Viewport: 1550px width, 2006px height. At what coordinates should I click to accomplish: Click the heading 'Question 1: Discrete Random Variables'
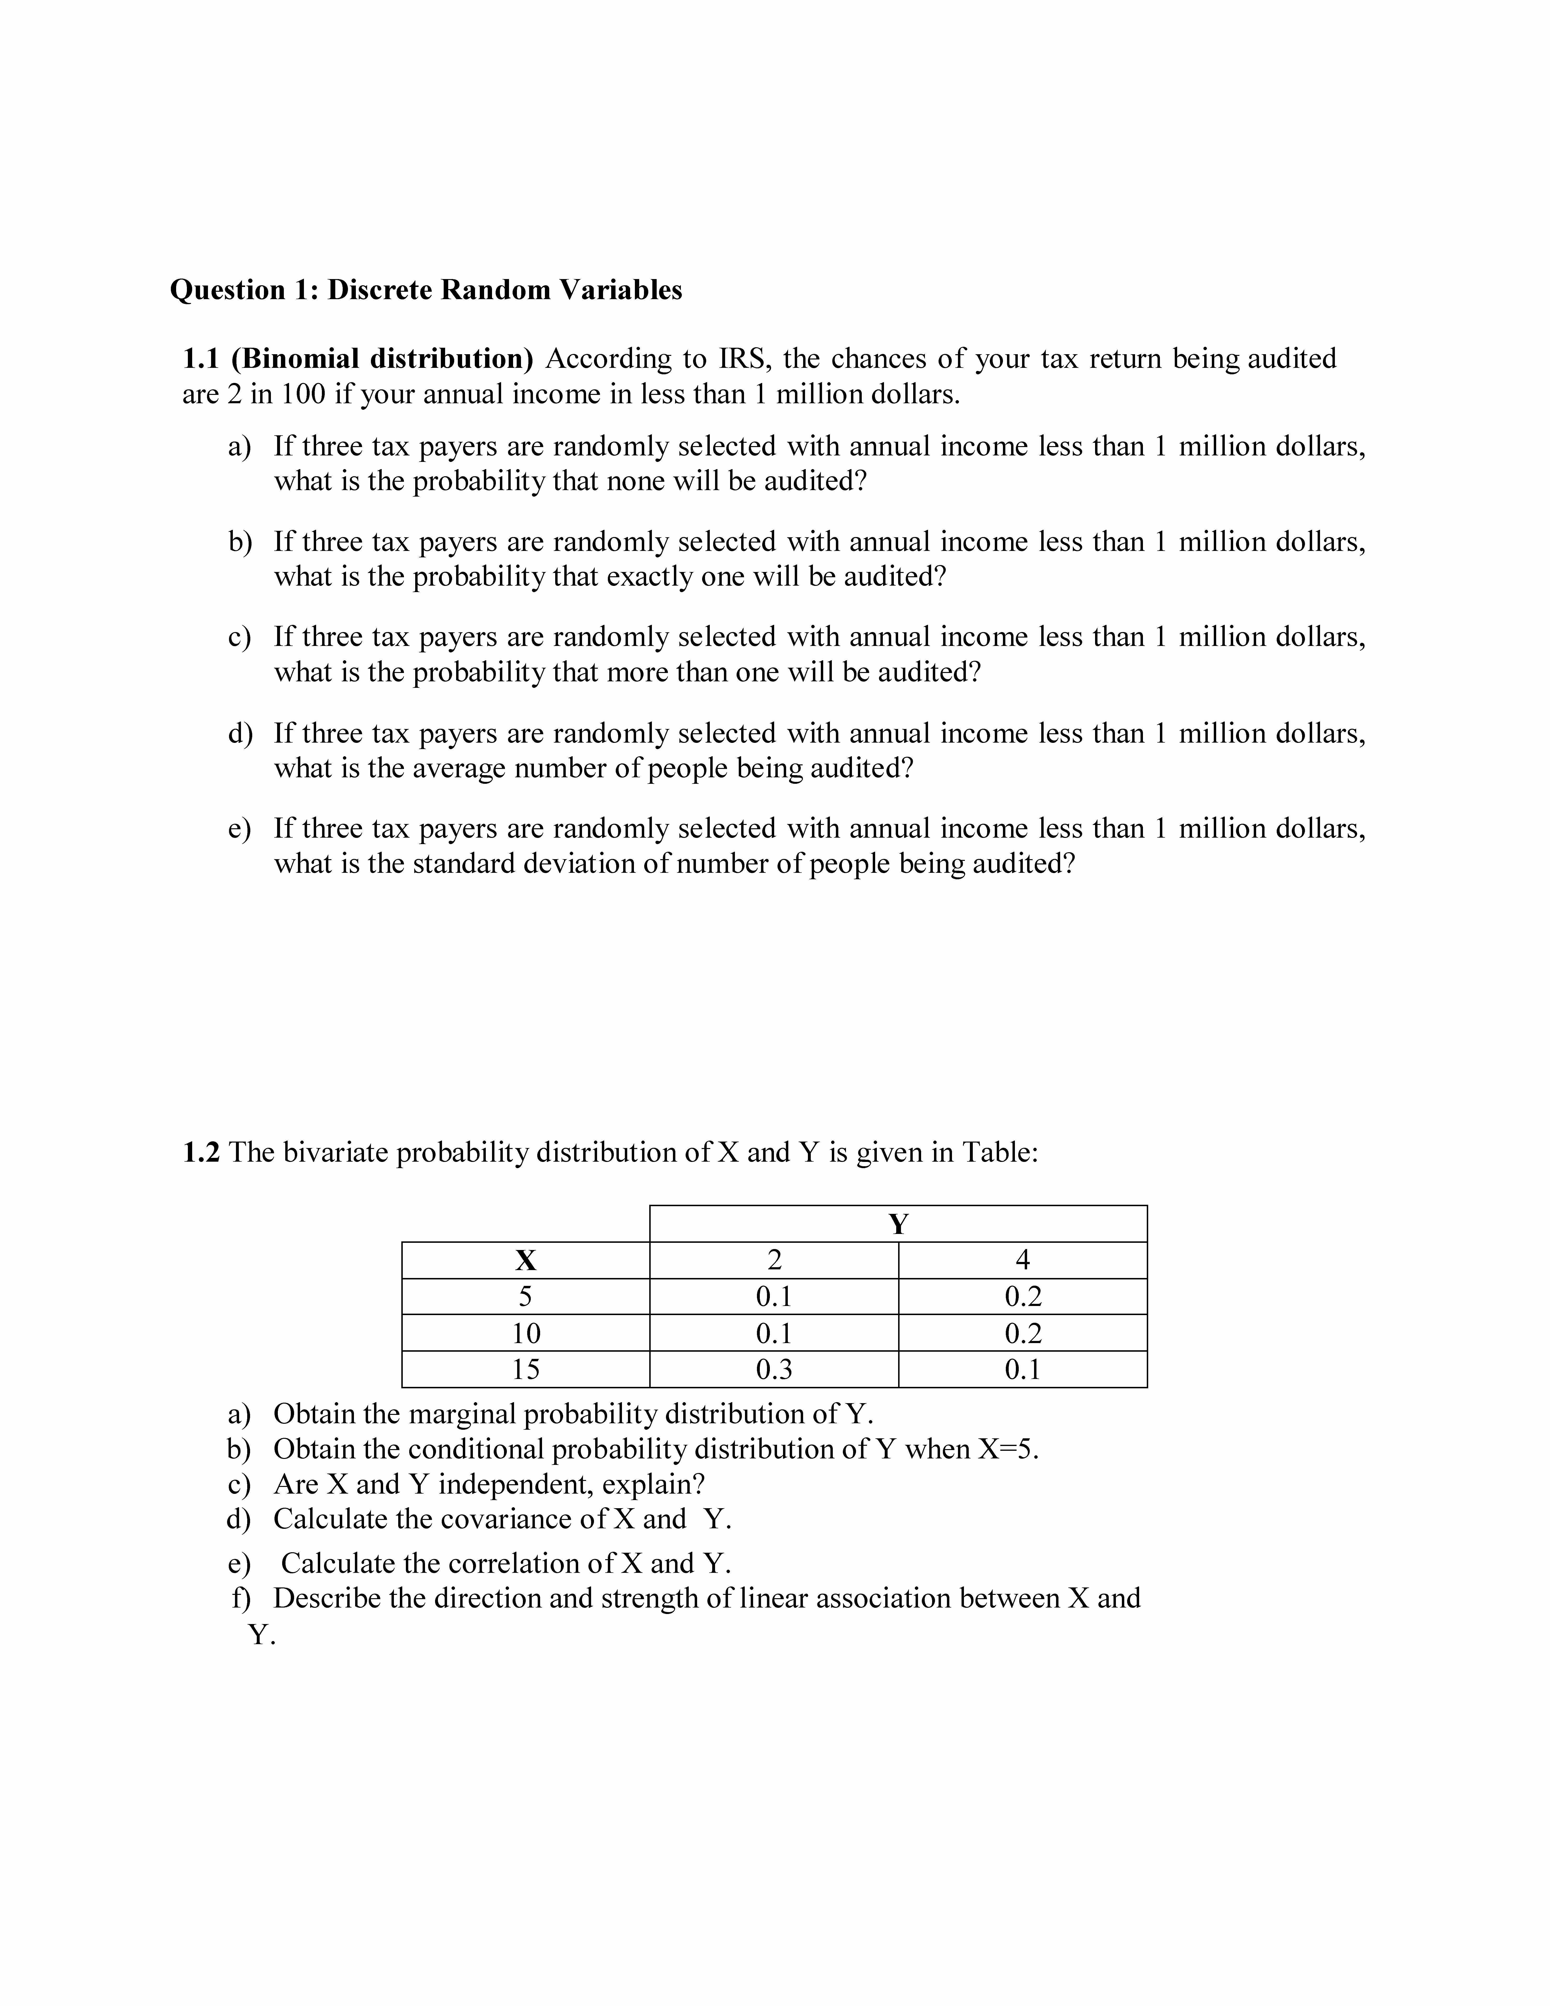click(x=426, y=290)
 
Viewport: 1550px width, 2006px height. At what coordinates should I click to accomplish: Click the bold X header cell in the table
click(x=525, y=1260)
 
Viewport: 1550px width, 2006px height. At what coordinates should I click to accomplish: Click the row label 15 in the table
click(x=525, y=1369)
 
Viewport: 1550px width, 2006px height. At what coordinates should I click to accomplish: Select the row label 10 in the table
click(x=525, y=1333)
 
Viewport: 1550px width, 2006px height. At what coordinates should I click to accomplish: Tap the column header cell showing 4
click(x=1022, y=1260)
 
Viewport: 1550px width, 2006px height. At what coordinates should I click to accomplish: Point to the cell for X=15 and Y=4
click(x=1022, y=1369)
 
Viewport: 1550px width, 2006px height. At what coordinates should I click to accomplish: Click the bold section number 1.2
click(x=201, y=1152)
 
